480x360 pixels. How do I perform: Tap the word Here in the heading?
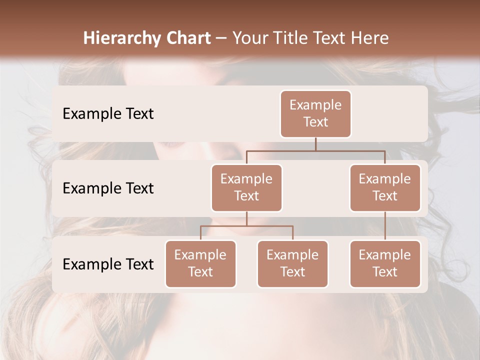click(x=369, y=38)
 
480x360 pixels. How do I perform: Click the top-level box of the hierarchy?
click(x=315, y=114)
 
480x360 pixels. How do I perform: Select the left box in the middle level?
click(x=246, y=188)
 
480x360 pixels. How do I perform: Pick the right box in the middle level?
click(x=385, y=188)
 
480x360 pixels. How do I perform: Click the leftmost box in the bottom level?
click(x=200, y=264)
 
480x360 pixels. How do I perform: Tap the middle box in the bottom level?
click(x=292, y=264)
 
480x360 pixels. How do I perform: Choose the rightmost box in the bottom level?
click(x=385, y=264)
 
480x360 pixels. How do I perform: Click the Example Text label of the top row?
click(x=108, y=114)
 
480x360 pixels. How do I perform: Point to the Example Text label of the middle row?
click(x=108, y=188)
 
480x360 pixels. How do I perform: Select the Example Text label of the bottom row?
click(x=108, y=264)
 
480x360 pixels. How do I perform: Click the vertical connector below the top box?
click(x=315, y=144)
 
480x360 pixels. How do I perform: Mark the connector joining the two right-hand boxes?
click(x=385, y=226)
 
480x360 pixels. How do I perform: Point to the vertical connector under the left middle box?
click(x=246, y=218)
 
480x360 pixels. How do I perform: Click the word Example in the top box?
click(x=315, y=105)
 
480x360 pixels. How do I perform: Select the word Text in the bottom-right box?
click(x=385, y=272)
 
